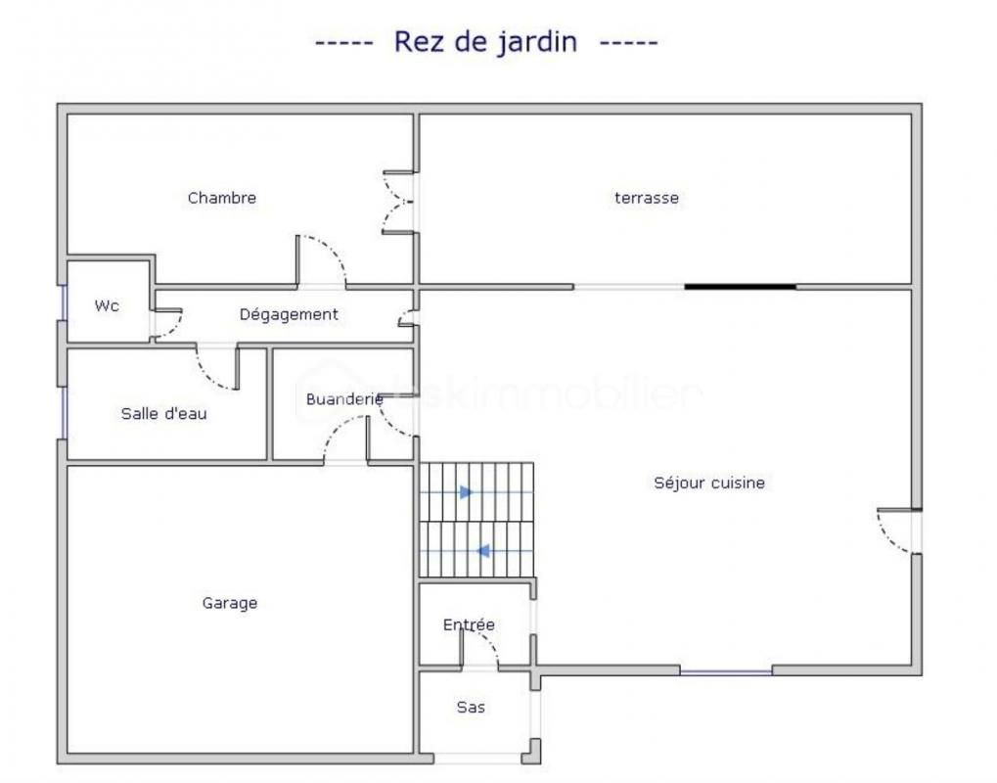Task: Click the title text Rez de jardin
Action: (x=486, y=42)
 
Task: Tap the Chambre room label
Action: (x=222, y=198)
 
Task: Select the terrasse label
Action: (x=647, y=198)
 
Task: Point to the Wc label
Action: (x=107, y=306)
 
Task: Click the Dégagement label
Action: (x=289, y=314)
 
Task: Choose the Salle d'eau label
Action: (x=164, y=413)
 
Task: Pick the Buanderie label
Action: (x=344, y=398)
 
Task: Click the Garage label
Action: (x=230, y=603)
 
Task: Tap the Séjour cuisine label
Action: (x=709, y=483)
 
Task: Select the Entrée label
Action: (x=469, y=624)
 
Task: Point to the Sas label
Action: (x=471, y=707)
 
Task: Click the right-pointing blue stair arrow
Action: (x=467, y=492)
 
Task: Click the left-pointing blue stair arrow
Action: (x=483, y=551)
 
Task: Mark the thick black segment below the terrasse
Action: (x=740, y=287)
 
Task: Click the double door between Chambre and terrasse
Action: (x=399, y=203)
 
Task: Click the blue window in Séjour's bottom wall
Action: (x=726, y=671)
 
